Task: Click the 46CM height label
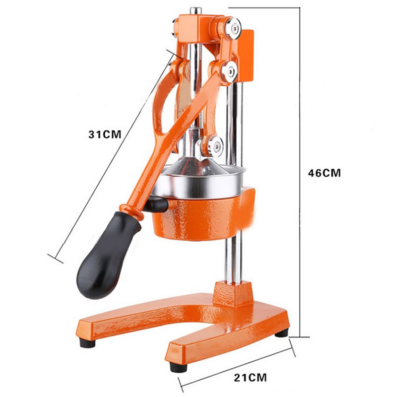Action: click(325, 173)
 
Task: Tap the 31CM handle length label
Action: click(105, 134)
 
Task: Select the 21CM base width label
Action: click(250, 378)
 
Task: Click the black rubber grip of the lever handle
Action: click(108, 255)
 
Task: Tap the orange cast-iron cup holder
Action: click(204, 215)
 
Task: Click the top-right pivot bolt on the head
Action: click(233, 28)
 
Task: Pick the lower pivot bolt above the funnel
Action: click(215, 146)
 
